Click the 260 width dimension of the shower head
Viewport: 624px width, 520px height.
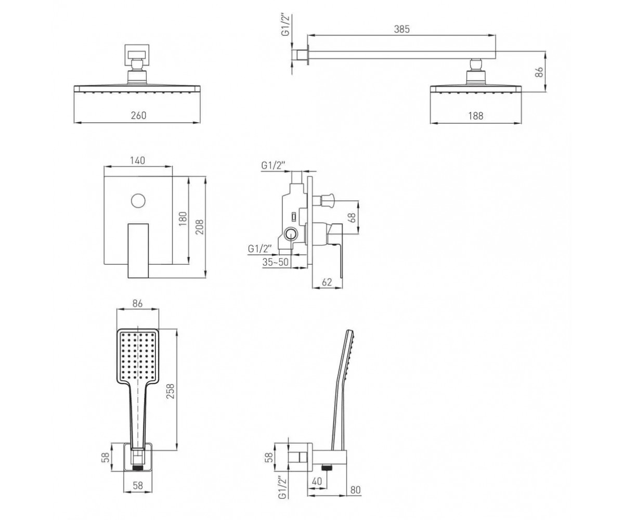click(x=138, y=115)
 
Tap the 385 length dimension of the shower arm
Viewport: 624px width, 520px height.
click(x=401, y=29)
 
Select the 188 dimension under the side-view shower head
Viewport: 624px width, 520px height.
click(x=475, y=115)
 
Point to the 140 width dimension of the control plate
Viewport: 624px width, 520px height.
click(x=138, y=161)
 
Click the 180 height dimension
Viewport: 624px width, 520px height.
click(x=184, y=218)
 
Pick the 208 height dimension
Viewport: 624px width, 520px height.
click(x=200, y=227)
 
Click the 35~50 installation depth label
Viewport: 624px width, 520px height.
click(x=276, y=262)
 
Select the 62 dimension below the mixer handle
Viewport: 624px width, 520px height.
click(x=327, y=282)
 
